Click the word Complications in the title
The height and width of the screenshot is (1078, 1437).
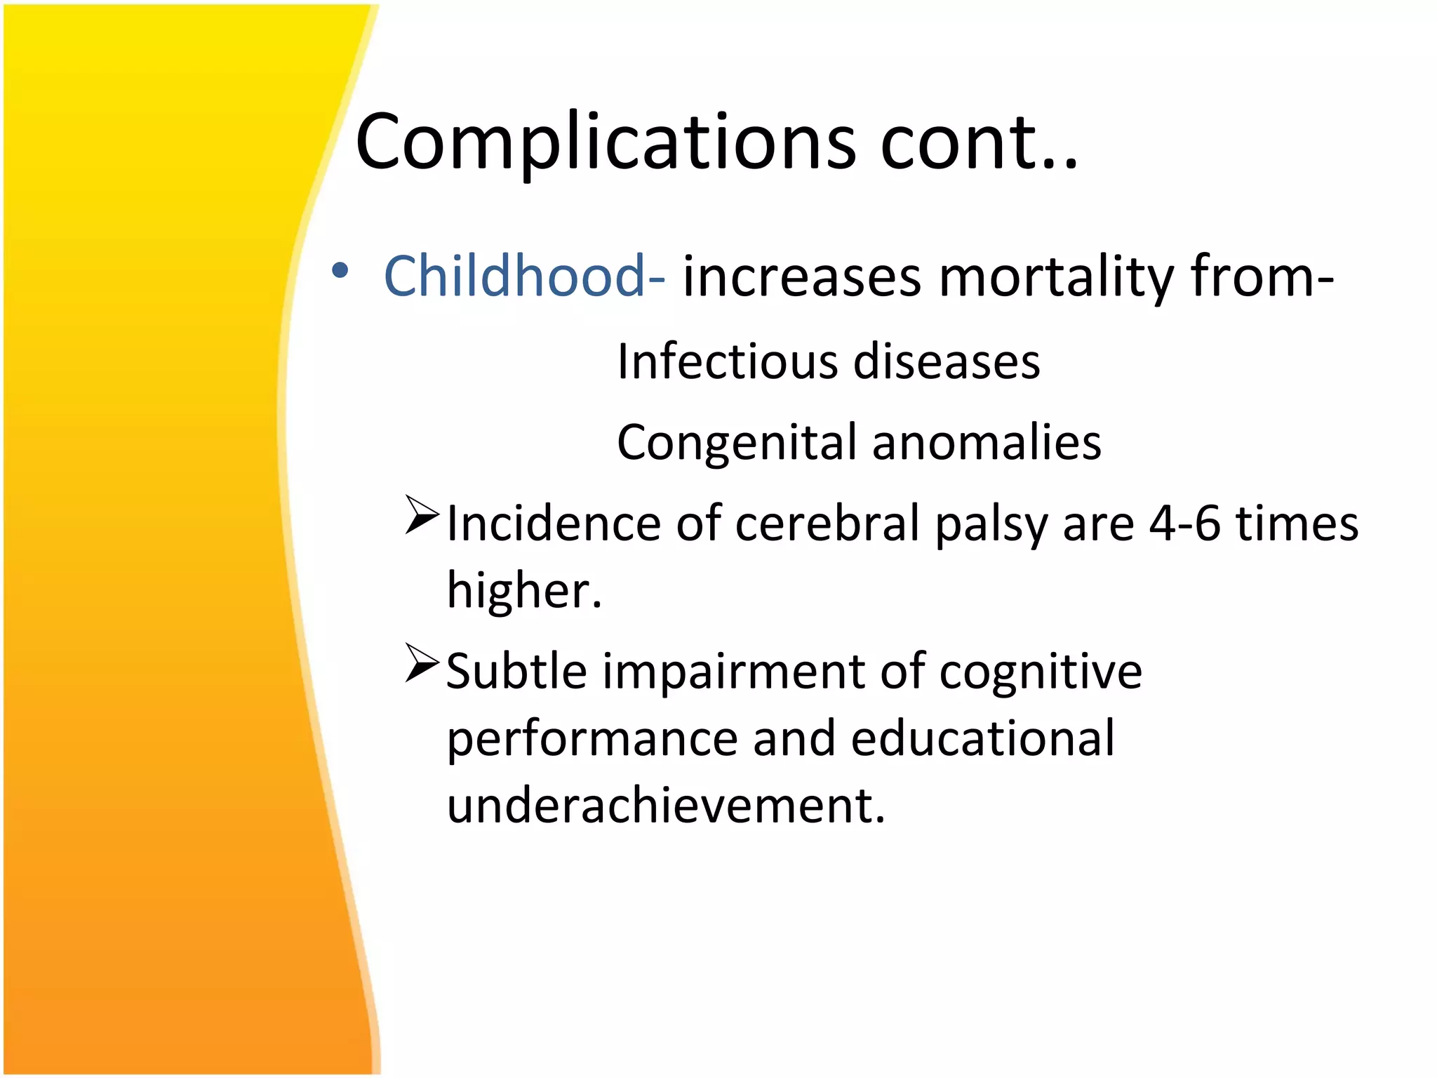click(x=605, y=144)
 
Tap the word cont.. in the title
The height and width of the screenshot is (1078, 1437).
click(x=978, y=144)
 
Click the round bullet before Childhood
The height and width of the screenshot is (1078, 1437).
click(x=340, y=271)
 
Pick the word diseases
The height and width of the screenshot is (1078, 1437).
click(x=947, y=362)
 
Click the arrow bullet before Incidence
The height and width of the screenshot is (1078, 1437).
click(x=422, y=516)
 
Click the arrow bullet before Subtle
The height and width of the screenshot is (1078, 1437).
click(x=422, y=663)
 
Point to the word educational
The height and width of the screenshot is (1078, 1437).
click(x=982, y=738)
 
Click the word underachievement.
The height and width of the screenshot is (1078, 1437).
click(x=666, y=805)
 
